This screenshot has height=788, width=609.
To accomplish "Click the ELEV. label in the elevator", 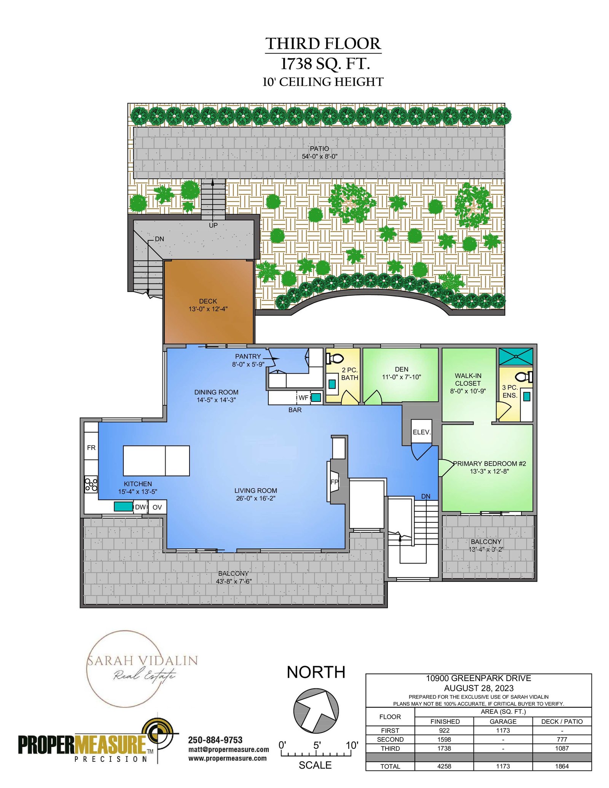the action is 422,432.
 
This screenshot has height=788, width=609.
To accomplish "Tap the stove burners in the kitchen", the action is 91,484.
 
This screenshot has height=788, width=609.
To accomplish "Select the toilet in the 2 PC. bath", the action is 335,358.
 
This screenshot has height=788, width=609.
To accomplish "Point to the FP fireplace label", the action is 334,482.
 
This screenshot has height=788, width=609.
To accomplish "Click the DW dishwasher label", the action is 140,507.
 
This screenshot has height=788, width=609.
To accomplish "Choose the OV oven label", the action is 157,507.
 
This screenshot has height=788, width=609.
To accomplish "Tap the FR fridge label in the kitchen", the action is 91,448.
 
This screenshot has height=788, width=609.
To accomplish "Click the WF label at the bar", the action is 303,398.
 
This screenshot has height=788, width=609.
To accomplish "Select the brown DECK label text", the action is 208,301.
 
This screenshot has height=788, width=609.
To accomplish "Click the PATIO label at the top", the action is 319,148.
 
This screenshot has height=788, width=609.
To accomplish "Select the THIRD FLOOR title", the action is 323,44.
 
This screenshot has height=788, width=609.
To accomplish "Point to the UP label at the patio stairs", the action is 213,225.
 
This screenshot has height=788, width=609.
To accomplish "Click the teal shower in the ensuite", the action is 516,357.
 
